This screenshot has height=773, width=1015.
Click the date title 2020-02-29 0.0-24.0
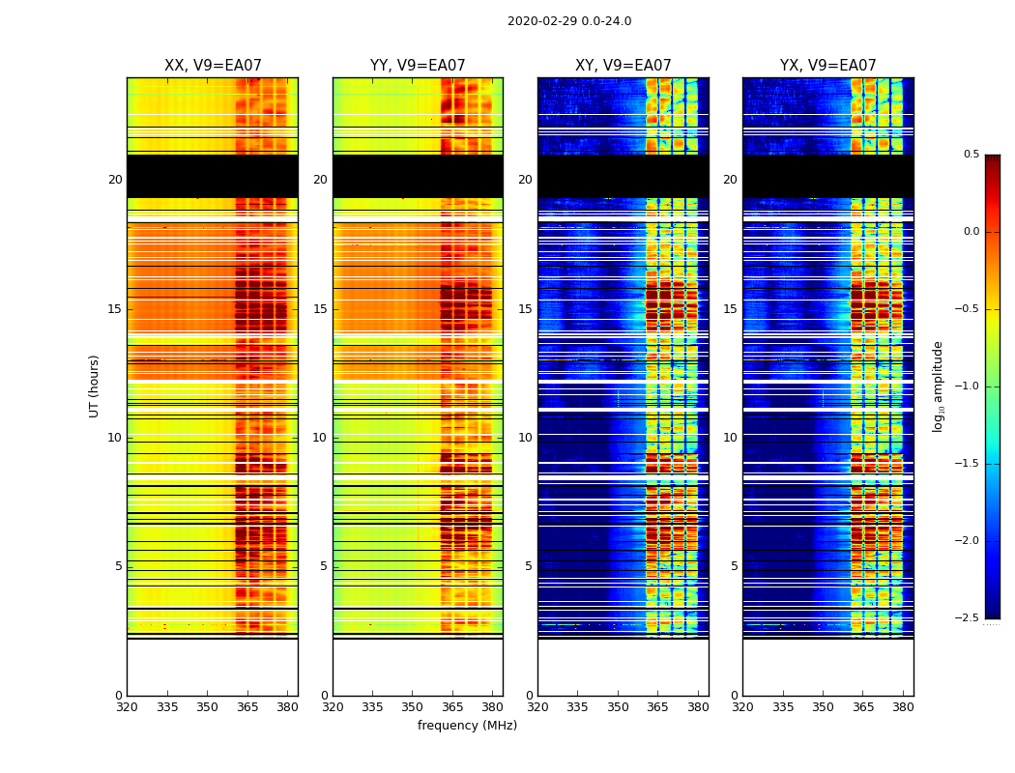pos(569,21)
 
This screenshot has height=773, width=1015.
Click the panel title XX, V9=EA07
pos(213,66)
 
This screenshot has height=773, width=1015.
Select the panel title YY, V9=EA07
pos(418,66)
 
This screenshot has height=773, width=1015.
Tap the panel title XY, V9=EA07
pos(623,66)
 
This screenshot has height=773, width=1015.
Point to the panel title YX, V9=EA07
pos(827,66)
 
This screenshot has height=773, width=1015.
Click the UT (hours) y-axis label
pos(95,386)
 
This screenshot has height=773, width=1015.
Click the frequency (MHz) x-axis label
pos(467,726)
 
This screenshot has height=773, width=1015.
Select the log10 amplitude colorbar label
pos(938,386)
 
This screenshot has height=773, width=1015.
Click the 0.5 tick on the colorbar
pos(971,155)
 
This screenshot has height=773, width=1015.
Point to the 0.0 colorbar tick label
pos(971,232)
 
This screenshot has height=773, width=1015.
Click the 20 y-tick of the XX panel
pos(115,180)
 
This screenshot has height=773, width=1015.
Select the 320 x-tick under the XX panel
pos(127,706)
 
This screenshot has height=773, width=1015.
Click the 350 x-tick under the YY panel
pos(412,706)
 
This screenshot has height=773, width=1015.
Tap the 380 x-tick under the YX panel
pos(903,706)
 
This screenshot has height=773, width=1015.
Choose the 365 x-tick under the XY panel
pos(657,706)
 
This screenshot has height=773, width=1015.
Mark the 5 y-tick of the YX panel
pos(734,566)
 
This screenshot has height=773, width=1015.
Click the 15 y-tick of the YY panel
pos(320,309)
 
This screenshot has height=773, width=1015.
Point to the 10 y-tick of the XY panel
pos(525,438)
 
